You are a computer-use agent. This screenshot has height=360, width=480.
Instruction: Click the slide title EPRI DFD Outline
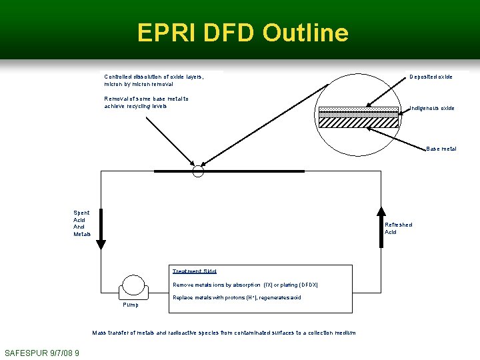[x=243, y=33]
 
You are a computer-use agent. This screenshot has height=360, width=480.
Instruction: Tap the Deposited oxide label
[x=431, y=77]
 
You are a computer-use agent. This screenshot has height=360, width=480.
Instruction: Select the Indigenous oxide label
[x=432, y=108]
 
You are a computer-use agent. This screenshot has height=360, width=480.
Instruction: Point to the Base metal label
[x=441, y=149]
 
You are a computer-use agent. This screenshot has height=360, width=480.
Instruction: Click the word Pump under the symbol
[x=131, y=305]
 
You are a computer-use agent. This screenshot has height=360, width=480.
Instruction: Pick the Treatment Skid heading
[x=194, y=271]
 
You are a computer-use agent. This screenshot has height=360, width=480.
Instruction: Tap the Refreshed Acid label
[x=399, y=228]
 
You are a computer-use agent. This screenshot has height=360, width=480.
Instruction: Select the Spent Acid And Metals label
[x=81, y=223]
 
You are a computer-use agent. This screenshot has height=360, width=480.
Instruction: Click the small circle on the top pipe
[x=197, y=171]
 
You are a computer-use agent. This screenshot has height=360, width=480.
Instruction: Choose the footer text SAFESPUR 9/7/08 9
[x=42, y=353]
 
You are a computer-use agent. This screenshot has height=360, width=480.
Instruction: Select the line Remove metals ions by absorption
[x=245, y=285]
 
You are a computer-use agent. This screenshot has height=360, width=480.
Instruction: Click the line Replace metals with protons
[x=237, y=297]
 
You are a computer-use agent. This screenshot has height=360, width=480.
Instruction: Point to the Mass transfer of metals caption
[x=223, y=333]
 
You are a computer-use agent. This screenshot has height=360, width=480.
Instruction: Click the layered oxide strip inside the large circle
[x=358, y=113]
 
